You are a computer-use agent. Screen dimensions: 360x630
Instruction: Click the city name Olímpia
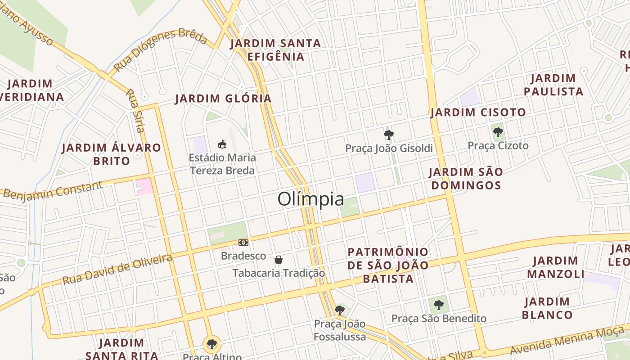pos(310,199)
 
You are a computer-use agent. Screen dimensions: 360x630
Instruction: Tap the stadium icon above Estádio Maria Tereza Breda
pos(222,144)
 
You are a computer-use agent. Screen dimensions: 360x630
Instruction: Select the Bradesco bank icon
pos(243,243)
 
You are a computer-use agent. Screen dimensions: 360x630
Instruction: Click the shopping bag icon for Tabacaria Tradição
pos(279,260)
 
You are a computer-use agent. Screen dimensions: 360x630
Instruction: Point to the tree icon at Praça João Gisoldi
pos(388,135)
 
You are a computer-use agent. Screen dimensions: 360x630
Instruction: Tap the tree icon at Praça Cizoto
pos(498,132)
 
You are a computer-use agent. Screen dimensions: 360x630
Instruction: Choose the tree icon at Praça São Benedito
pos(439,305)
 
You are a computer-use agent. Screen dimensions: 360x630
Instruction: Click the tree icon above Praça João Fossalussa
pos(340,310)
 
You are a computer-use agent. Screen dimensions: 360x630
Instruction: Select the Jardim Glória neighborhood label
pos(223,99)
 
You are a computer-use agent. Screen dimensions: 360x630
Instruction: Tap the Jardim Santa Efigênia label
pos(275,50)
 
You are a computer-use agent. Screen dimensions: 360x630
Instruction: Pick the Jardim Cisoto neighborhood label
pos(478,112)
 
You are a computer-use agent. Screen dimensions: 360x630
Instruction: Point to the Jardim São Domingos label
pos(465,179)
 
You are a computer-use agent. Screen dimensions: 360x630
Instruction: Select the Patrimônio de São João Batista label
pos(388,265)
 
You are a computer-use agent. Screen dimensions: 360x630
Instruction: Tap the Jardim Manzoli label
pos(555,267)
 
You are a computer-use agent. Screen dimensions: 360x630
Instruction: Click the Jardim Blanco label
pos(547,308)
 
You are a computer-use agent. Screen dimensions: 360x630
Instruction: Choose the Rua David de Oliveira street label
pos(117,269)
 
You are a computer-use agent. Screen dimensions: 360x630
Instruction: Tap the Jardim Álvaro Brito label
pos(111,154)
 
